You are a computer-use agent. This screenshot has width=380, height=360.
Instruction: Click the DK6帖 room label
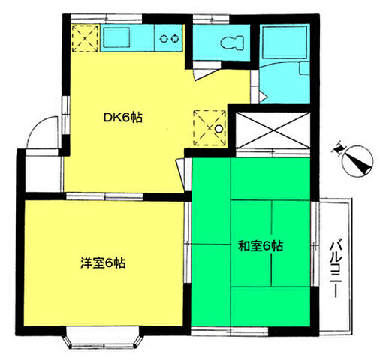pos(123,118)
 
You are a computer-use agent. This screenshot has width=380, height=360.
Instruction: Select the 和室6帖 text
pos(260,245)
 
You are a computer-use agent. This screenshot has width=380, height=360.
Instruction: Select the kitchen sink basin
pos(119,37)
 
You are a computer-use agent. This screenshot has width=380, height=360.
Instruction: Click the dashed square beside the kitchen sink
pos(85,37)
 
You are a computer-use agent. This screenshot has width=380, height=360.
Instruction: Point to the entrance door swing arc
pos(41,134)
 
